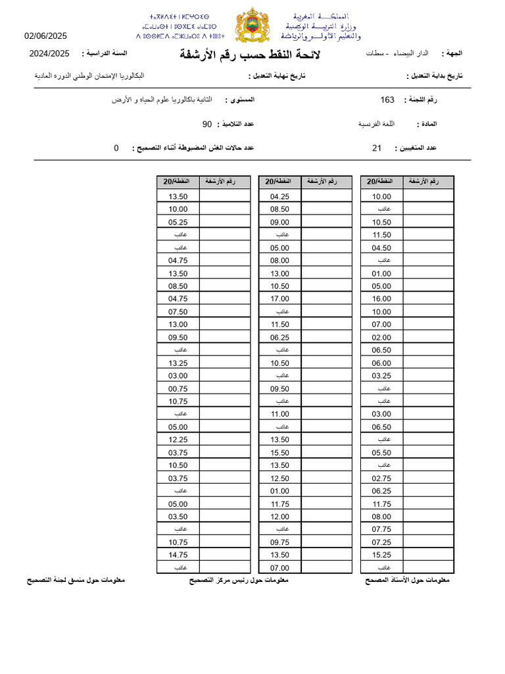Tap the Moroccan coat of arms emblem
(252, 26)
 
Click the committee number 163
(387, 99)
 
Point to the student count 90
(207, 124)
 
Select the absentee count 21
(377, 148)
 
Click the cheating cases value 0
(116, 148)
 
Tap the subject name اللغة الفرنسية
(376, 124)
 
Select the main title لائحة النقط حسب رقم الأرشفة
(251, 54)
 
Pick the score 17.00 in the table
(279, 298)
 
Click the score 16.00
(381, 298)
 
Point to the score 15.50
(279, 452)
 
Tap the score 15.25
(381, 555)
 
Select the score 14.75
(178, 555)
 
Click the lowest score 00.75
(178, 388)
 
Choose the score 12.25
(178, 440)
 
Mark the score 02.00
(381, 337)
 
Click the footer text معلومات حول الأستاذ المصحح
(406, 581)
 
